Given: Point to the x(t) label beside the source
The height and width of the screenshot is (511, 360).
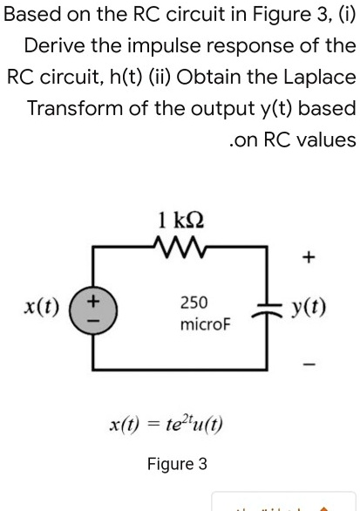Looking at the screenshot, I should (42, 310).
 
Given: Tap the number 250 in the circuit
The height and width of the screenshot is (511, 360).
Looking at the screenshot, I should (194, 303).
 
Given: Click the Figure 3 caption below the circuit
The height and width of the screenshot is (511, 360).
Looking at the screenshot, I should (177, 464).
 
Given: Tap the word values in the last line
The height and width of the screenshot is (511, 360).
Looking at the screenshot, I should (328, 140).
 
